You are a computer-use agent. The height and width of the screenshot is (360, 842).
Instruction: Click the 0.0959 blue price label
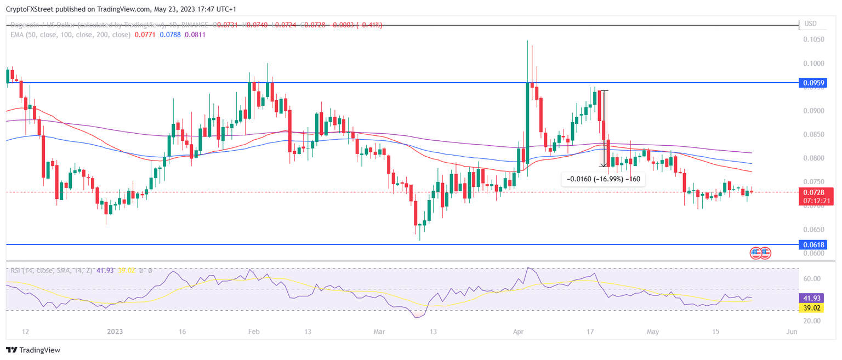[814, 83]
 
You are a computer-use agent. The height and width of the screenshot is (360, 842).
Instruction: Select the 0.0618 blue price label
[814, 244]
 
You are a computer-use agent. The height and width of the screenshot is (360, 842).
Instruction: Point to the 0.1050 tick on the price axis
[813, 39]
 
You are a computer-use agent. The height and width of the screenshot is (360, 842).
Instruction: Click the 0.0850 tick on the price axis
[813, 134]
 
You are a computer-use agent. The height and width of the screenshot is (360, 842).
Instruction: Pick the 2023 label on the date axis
[115, 332]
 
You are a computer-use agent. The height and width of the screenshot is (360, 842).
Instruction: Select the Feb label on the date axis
[253, 332]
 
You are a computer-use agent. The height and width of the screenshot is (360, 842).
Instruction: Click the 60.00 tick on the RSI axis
[812, 279]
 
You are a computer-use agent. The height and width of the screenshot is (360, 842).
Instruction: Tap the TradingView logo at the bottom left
[33, 350]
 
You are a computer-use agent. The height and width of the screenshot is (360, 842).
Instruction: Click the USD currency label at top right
[810, 24]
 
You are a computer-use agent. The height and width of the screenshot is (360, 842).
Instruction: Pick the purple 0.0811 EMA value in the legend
[195, 35]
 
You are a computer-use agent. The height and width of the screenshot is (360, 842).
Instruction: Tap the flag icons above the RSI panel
[760, 253]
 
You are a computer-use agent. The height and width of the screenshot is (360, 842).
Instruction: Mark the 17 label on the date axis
[590, 332]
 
